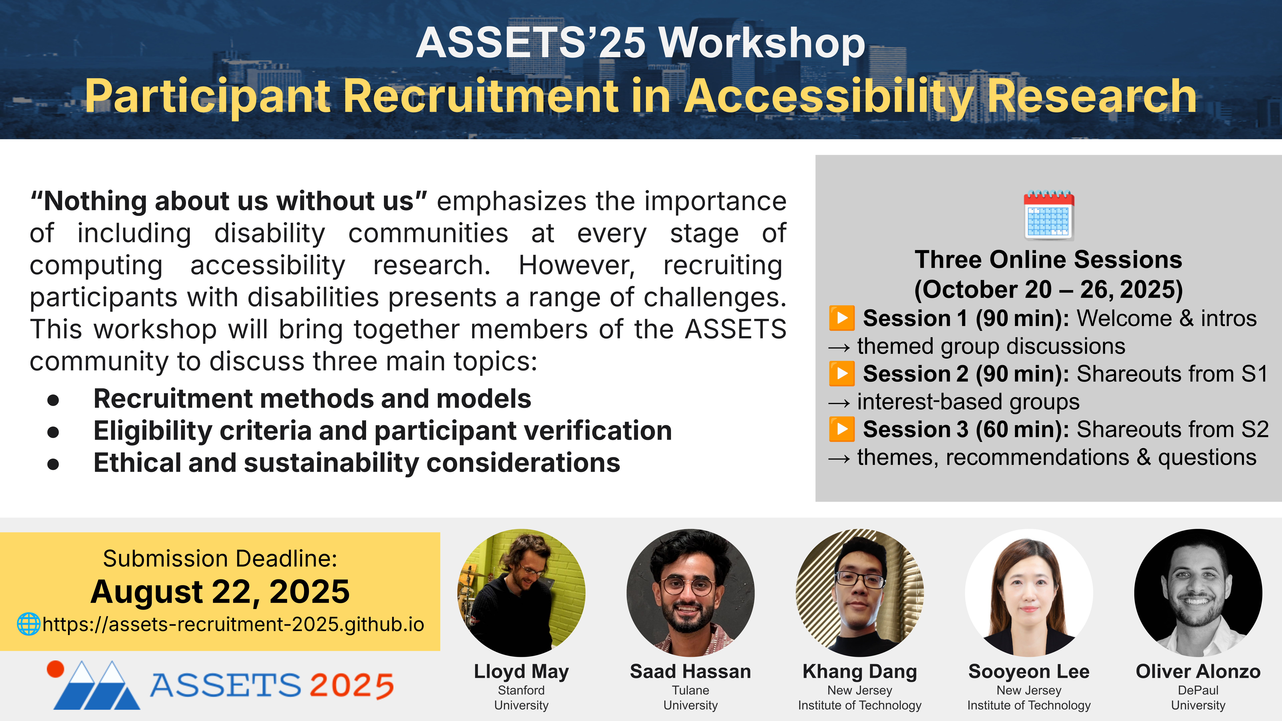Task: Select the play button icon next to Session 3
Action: point(841,429)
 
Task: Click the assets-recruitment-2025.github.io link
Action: point(233,624)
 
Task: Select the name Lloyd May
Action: point(521,672)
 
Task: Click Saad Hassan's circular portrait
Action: point(690,593)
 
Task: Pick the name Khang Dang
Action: point(860,672)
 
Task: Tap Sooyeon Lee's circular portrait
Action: point(1029,593)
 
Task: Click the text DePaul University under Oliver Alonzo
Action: point(1198,698)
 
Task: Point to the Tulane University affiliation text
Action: point(690,698)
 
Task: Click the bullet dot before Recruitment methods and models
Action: point(53,400)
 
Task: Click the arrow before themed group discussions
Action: point(839,347)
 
